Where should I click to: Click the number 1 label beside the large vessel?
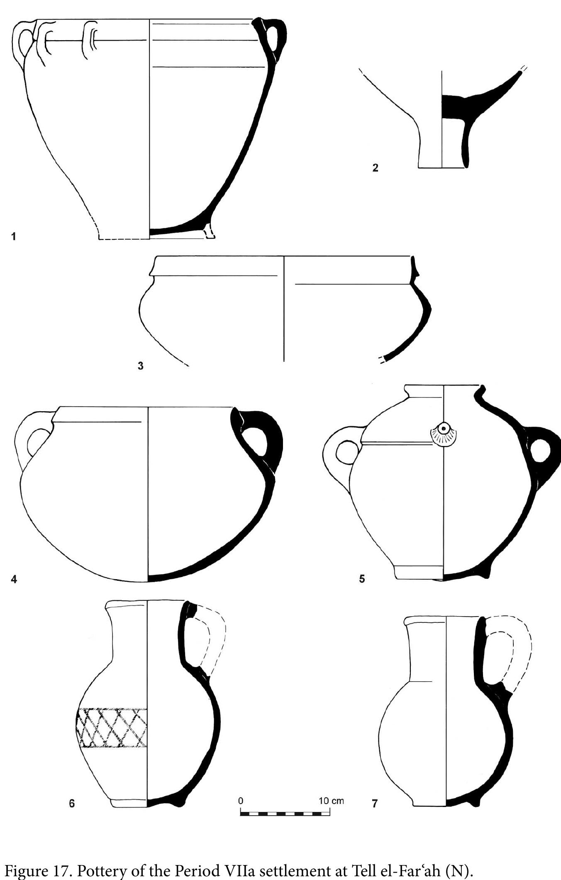coord(14,236)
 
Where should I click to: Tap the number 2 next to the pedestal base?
coord(375,168)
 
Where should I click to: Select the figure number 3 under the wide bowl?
coord(140,366)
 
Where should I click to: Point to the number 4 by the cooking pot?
coord(14,579)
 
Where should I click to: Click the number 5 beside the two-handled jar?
coord(362,579)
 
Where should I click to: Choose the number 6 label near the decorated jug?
coord(72,804)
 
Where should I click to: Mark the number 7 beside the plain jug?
coord(375,804)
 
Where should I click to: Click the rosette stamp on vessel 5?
coord(444,436)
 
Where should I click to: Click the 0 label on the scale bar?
coord(241,800)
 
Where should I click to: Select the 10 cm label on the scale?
coord(332,800)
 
